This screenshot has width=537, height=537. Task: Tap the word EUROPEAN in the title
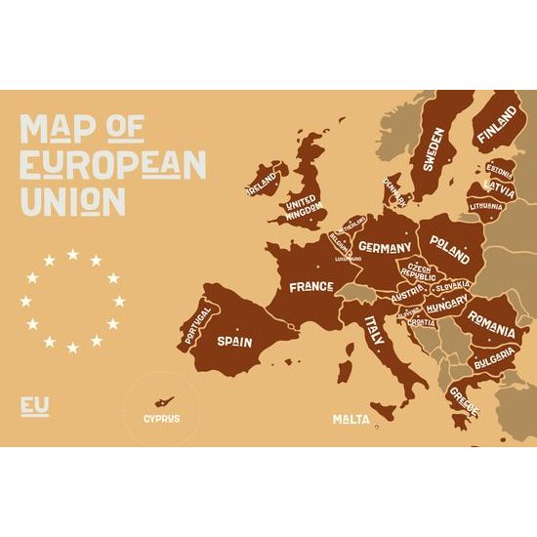[113, 164]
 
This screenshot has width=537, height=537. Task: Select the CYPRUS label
[161, 419]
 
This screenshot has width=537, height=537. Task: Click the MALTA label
[351, 419]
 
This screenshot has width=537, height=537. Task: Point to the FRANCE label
[310, 287]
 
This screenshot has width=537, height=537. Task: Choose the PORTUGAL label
[196, 326]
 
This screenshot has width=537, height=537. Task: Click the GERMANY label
[383, 248]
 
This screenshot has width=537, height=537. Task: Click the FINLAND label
[498, 129]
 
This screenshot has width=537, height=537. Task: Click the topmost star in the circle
[73, 255]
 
